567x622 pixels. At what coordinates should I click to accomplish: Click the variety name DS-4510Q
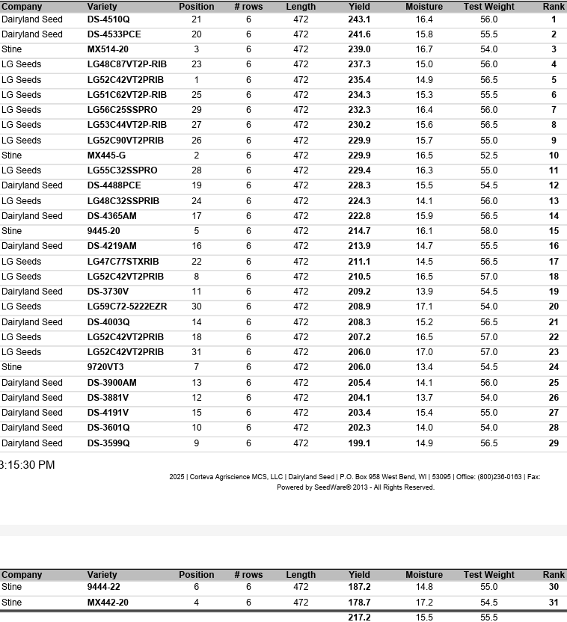(108, 19)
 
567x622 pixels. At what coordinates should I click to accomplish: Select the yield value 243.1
(359, 19)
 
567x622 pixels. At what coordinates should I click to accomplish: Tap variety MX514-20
(108, 49)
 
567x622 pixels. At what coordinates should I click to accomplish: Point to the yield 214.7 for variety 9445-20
(359, 231)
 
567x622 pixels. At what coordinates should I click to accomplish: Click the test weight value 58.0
(488, 231)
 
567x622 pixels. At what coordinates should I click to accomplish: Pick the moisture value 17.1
(424, 307)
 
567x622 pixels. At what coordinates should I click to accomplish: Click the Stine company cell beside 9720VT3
(12, 367)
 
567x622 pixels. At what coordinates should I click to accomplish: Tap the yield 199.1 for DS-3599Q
(359, 443)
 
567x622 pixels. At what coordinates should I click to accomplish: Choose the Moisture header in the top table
(424, 7)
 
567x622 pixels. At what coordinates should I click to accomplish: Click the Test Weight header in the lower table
(488, 575)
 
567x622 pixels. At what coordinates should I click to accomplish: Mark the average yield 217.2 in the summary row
(359, 618)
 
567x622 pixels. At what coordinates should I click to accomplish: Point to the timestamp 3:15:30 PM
(27, 465)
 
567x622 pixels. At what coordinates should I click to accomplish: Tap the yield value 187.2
(359, 588)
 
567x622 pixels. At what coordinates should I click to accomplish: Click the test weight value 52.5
(488, 155)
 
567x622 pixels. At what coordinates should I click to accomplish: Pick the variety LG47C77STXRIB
(123, 262)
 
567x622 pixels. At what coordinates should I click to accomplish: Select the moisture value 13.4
(424, 367)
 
